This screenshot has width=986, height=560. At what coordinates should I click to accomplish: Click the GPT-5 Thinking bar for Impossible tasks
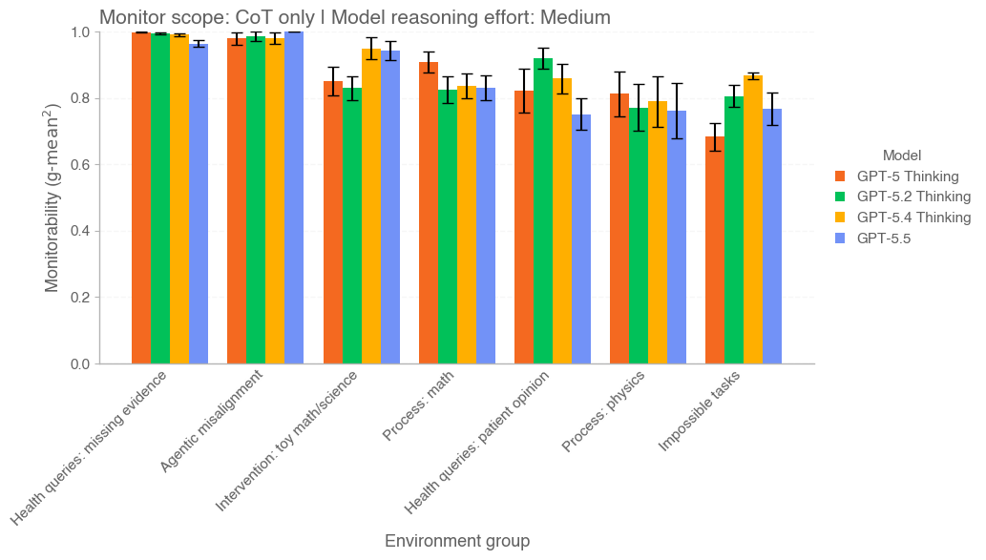tap(715, 250)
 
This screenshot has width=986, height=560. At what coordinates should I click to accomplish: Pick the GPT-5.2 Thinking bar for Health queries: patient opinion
tap(543, 211)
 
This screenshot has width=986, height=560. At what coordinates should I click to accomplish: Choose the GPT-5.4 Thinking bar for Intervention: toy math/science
tap(371, 206)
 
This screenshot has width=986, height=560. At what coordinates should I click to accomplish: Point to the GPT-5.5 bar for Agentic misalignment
tap(294, 197)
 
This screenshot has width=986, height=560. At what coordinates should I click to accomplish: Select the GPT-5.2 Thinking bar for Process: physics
tap(639, 236)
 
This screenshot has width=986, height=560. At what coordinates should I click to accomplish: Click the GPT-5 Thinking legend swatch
tap(841, 176)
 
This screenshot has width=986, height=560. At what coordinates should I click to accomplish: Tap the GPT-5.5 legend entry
tap(883, 239)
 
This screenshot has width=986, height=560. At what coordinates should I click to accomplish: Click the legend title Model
tap(901, 155)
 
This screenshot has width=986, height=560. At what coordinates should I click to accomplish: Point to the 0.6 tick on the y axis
tap(80, 165)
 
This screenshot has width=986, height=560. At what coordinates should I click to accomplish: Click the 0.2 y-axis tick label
tap(80, 298)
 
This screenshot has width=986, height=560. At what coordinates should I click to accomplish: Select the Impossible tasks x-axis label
tap(699, 411)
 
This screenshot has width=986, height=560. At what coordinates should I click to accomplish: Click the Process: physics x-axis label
tap(603, 412)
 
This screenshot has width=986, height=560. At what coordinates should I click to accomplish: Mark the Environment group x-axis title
tap(456, 541)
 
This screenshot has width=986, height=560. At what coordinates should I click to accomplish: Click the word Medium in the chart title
tap(577, 16)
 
